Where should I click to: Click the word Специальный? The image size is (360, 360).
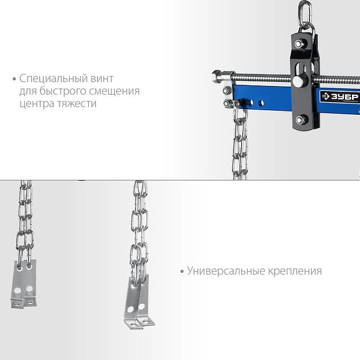53,78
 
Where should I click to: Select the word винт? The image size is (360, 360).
102,78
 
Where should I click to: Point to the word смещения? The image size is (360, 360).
114,91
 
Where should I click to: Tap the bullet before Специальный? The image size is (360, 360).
14,79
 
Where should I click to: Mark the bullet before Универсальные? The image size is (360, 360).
182,272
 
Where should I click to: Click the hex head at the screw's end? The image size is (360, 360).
216,77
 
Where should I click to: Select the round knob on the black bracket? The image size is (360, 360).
298,81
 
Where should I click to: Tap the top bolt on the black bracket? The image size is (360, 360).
299,43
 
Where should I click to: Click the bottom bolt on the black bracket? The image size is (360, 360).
300,119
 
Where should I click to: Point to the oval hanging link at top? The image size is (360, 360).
305,13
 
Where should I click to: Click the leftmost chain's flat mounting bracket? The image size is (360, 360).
24,284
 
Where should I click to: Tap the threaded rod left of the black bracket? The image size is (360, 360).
262,77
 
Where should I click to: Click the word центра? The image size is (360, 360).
37,103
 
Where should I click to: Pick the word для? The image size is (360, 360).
28,91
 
